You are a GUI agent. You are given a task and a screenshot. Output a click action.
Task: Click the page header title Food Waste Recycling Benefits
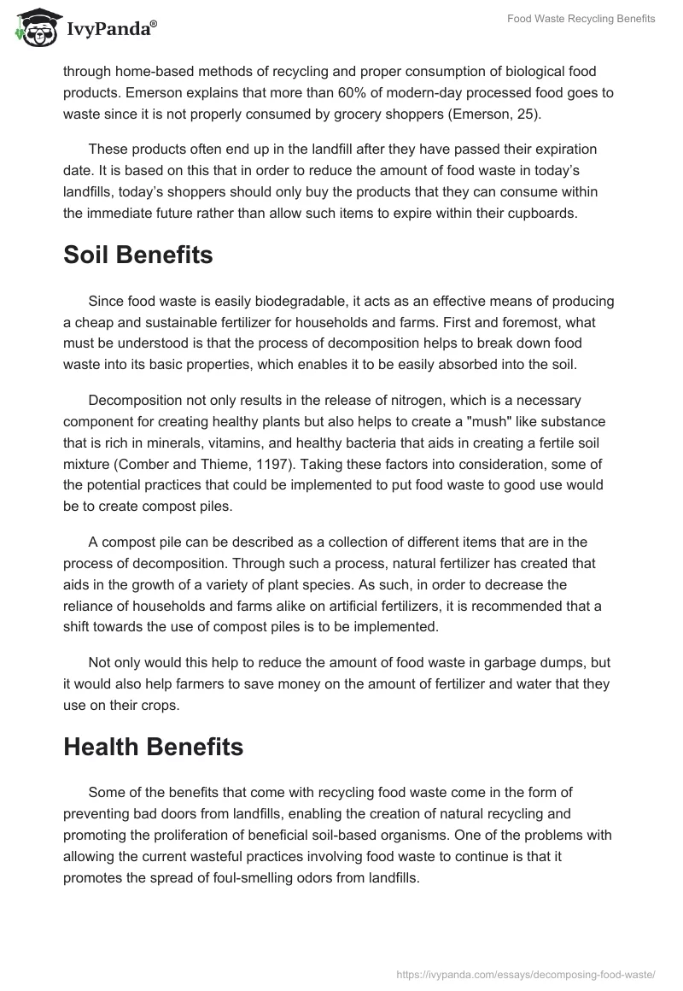[581, 19]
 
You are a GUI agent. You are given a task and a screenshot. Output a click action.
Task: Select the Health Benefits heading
[154, 746]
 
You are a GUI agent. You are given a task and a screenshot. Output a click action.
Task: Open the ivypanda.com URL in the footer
[527, 973]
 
